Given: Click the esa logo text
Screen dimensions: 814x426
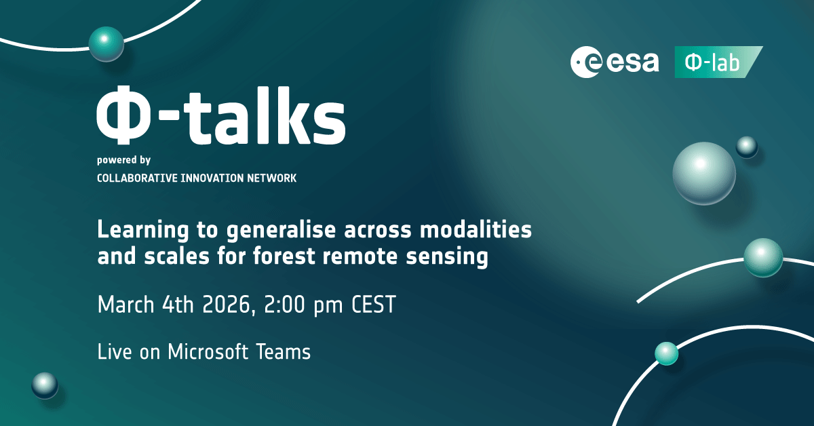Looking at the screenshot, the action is (632, 62).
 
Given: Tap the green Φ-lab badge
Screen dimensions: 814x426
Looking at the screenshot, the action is (718, 62).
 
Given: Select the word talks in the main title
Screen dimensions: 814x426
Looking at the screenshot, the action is (267, 115).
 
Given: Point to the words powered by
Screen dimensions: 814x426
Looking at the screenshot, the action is (123, 160).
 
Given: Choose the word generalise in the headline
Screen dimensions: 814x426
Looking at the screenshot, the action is (281, 231).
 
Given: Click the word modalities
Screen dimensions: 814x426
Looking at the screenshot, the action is (476, 230).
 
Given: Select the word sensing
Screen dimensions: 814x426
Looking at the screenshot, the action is (447, 257).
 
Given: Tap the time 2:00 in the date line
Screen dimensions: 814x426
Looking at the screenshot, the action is (284, 305).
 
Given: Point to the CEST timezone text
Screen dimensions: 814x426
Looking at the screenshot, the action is (374, 305).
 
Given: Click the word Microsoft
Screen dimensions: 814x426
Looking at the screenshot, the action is (208, 352).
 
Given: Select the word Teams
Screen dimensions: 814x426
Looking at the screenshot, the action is (284, 352).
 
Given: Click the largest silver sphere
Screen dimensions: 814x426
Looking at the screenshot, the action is (704, 174).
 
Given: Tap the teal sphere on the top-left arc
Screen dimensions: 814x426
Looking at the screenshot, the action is (106, 44).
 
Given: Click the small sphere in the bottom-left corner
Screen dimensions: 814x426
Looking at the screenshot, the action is (45, 385).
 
